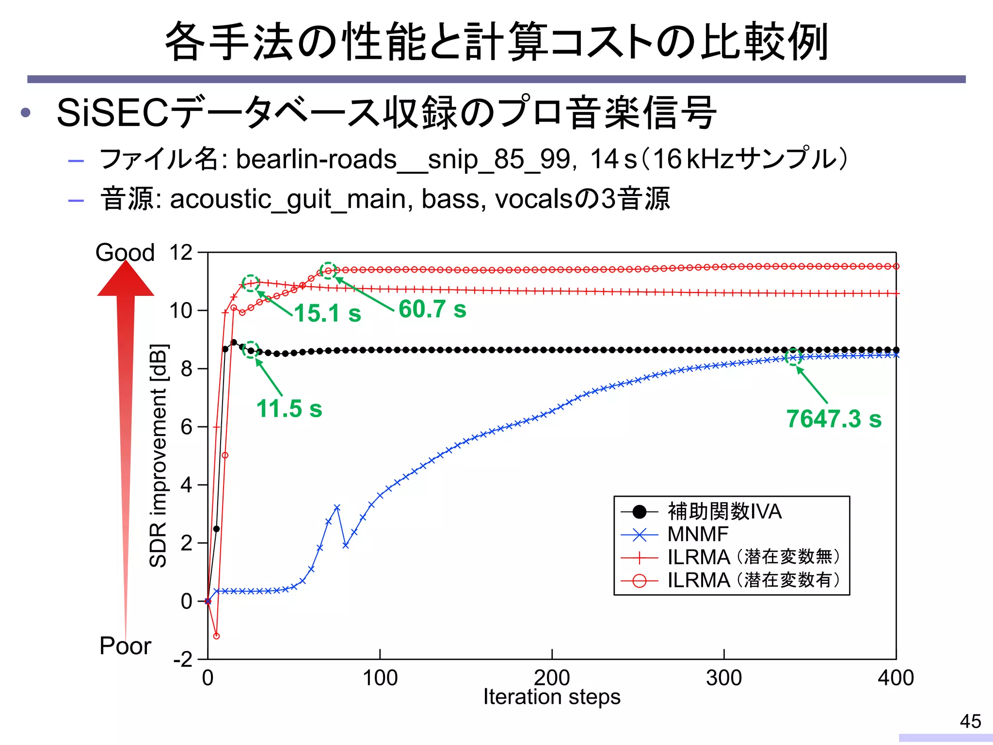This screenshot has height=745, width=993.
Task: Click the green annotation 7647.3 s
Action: (833, 419)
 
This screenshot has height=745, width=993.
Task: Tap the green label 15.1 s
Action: (328, 313)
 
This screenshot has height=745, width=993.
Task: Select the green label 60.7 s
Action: (432, 309)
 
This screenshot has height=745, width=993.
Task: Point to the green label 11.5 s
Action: (289, 408)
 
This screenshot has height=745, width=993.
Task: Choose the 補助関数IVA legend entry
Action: (724, 511)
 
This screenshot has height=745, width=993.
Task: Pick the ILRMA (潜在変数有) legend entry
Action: (753, 580)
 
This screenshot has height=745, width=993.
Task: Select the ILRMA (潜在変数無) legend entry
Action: (753, 557)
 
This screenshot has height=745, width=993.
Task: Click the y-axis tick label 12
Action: (181, 253)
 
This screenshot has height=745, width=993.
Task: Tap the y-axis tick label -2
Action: (183, 660)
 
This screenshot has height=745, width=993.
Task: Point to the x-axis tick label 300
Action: (723, 678)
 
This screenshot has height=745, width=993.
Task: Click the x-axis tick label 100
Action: (380, 678)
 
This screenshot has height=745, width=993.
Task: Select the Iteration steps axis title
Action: (552, 697)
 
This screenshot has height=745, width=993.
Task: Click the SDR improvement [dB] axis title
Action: (158, 455)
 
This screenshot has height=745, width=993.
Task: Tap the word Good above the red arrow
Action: (125, 253)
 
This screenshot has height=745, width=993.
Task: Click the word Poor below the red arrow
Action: (125, 646)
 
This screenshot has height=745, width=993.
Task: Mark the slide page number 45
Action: (970, 721)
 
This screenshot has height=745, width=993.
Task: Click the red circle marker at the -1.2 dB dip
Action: (216, 636)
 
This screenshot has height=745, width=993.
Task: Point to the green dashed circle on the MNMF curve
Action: (794, 357)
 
